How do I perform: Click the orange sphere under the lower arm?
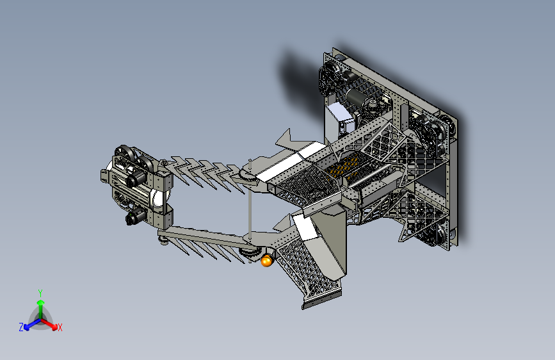[x=267, y=261]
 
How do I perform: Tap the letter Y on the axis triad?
[x=40, y=293]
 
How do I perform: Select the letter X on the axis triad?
[x=60, y=327]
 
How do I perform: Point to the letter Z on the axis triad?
[x=21, y=327]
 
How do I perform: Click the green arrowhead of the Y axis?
[x=41, y=302]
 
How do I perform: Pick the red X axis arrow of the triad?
[x=49, y=324]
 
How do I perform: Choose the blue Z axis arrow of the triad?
[x=32, y=324]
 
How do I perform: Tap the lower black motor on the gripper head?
[x=136, y=216]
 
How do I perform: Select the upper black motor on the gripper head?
[x=136, y=178]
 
